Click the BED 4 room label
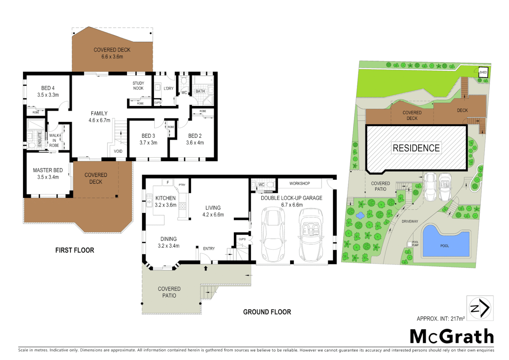[x=48, y=88]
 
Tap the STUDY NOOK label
[x=138, y=86]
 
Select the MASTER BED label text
[x=48, y=170]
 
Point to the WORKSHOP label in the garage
[x=299, y=184]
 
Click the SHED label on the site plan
[x=483, y=72]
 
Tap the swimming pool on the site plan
[x=445, y=242]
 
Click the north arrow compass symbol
[x=480, y=308]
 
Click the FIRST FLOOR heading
[x=75, y=250]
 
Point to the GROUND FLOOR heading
[x=267, y=312]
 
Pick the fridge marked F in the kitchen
[x=168, y=182]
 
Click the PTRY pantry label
[x=182, y=185]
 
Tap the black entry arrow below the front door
[x=206, y=268]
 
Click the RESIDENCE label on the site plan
[x=416, y=148]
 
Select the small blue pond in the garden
[x=360, y=216]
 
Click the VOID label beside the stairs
[x=118, y=151]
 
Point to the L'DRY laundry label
[x=169, y=88]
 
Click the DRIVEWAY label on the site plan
[x=410, y=221]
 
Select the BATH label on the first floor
[x=200, y=91]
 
